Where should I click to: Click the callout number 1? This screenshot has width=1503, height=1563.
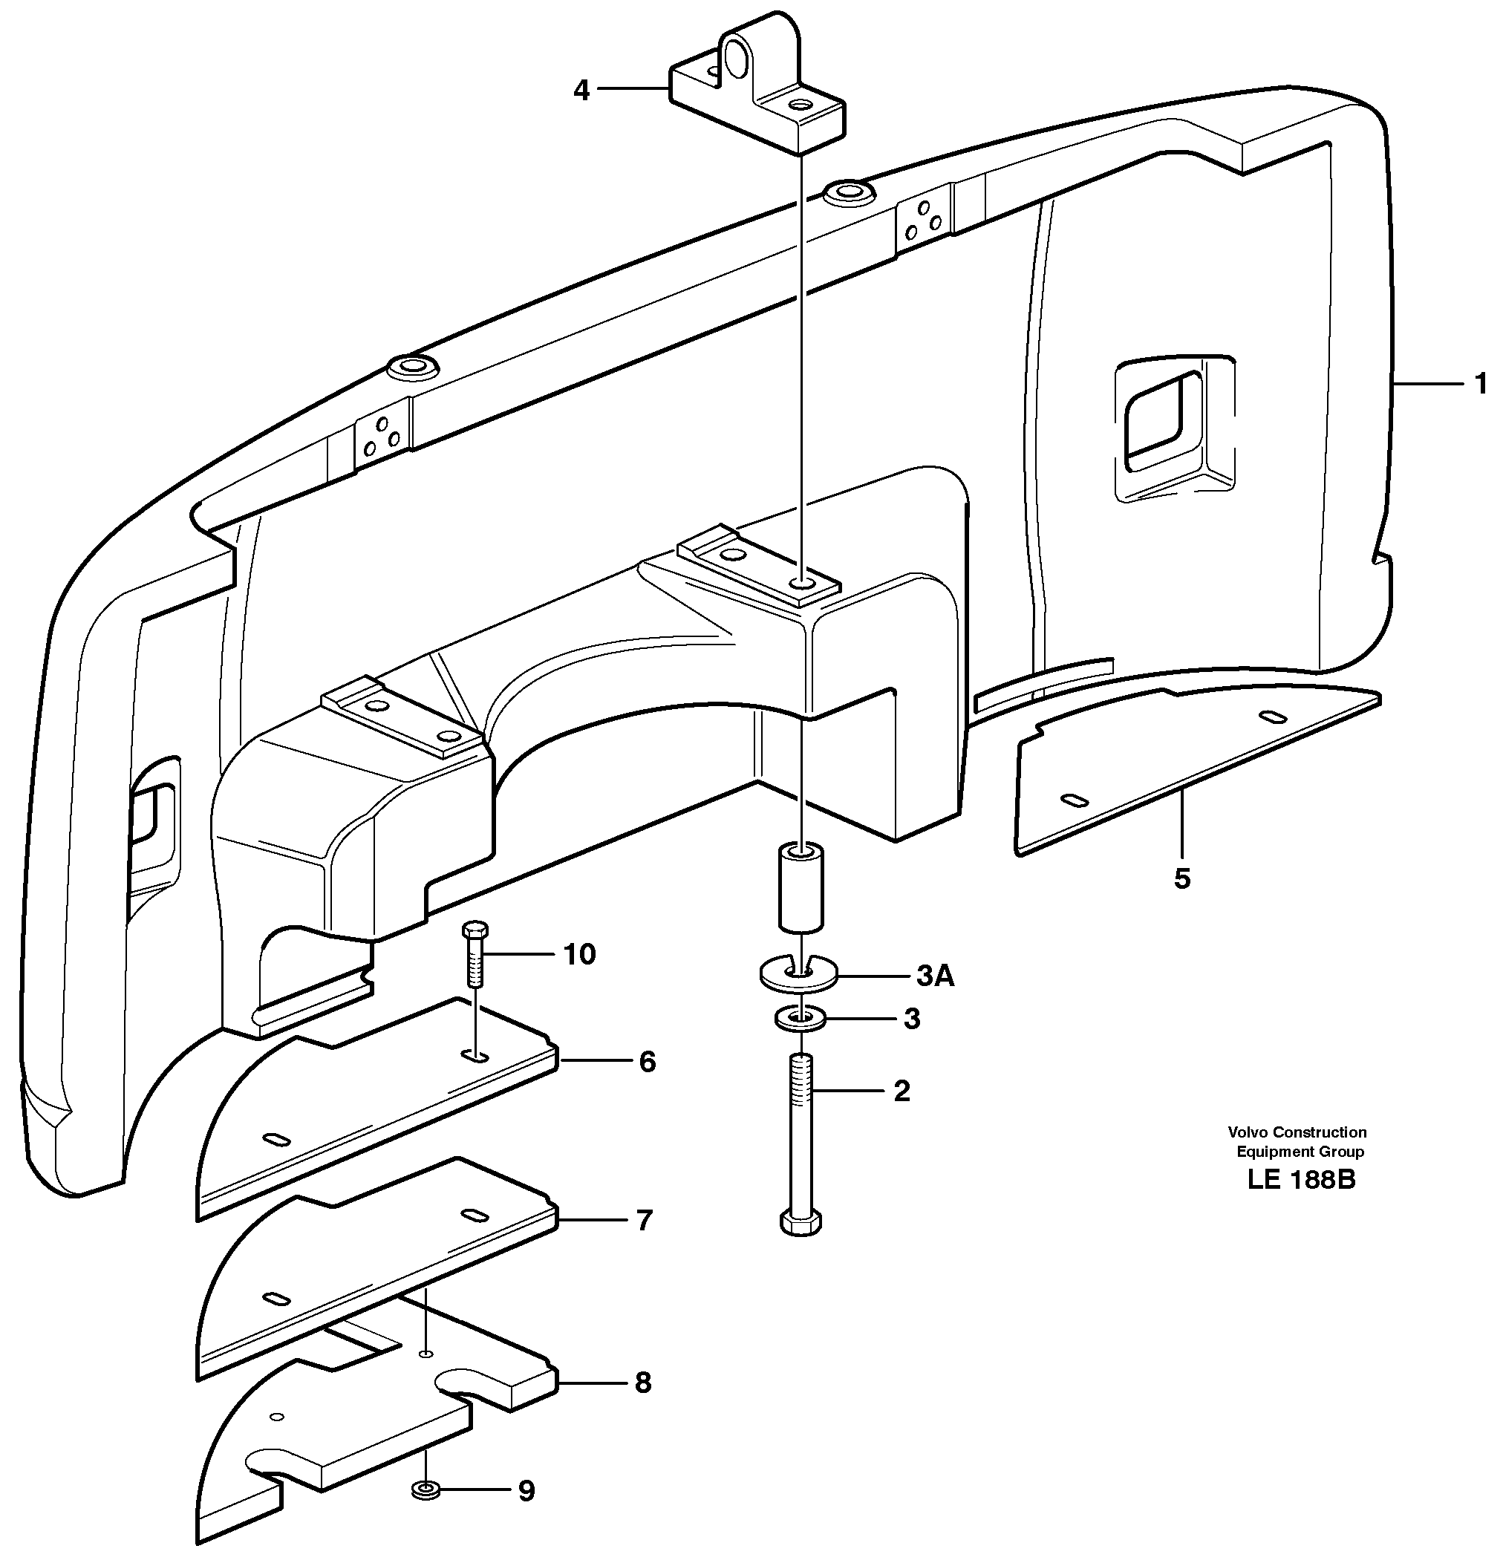(x=1480, y=385)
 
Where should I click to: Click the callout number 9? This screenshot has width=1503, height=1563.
(x=526, y=1490)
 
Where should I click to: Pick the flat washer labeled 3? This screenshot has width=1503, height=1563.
(x=800, y=1018)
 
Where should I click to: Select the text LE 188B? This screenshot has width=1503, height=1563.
(x=1300, y=1179)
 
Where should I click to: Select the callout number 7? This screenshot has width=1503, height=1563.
(x=645, y=1219)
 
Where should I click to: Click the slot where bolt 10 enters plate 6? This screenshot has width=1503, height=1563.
(x=475, y=1056)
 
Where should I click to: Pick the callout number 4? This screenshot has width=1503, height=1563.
(x=581, y=90)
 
